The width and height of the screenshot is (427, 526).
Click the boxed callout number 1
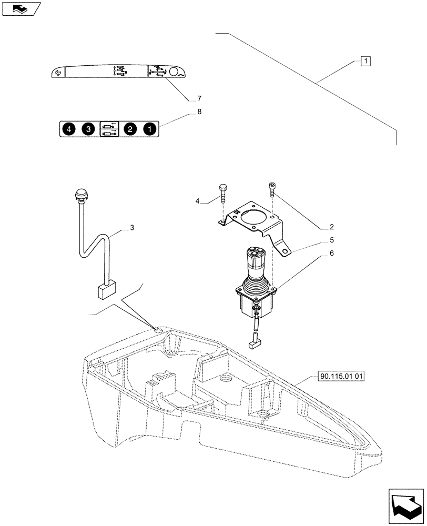[365, 61]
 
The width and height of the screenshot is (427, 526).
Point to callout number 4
[197, 201]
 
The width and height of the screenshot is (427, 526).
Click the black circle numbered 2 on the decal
[129, 129]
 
